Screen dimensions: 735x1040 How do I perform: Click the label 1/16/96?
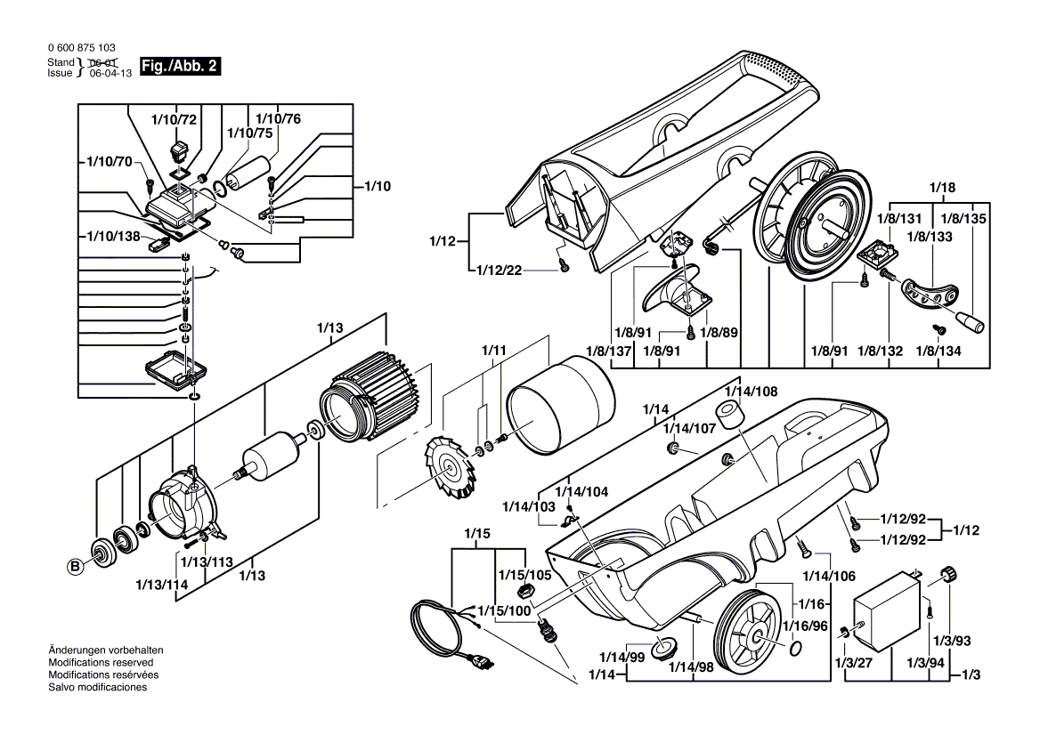(x=805, y=626)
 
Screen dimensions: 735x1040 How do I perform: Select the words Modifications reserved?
(x=100, y=663)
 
